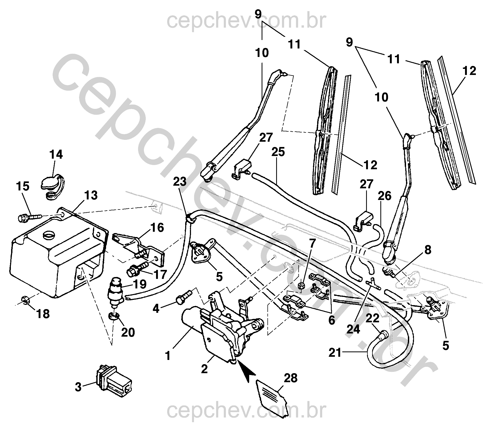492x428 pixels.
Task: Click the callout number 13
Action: coord(91,195)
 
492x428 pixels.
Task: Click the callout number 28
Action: coord(290,378)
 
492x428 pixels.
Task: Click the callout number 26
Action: coord(384,196)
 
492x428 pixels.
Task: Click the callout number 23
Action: coord(180,182)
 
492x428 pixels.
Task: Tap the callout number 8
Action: coord(426,250)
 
